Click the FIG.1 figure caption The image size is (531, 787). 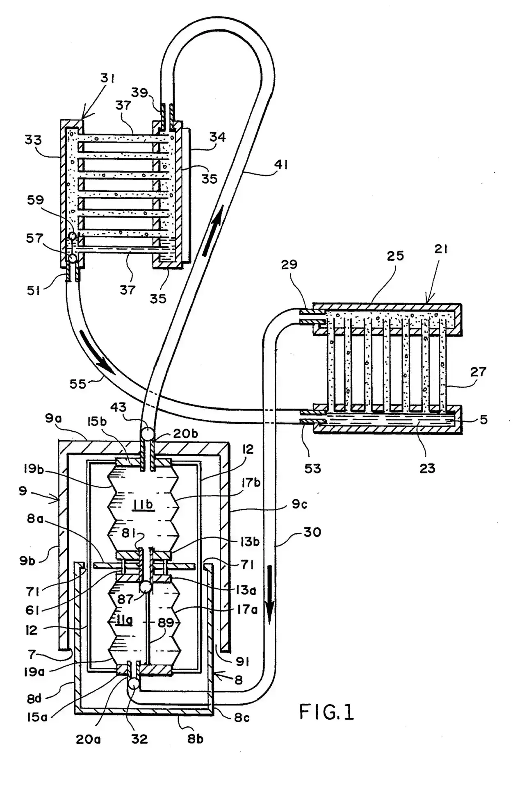coord(326,712)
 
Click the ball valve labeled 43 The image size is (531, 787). coord(146,433)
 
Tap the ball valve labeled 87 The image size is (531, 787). coord(146,587)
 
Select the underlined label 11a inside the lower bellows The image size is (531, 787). coord(123,621)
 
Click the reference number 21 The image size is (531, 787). coord(441,249)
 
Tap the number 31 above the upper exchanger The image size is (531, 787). coord(108,78)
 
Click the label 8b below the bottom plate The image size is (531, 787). coord(195,739)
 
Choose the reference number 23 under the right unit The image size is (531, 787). coord(427,468)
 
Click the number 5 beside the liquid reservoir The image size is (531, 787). coord(484,419)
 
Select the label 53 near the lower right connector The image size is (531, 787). coord(312,468)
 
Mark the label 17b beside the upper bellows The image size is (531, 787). coord(251,482)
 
